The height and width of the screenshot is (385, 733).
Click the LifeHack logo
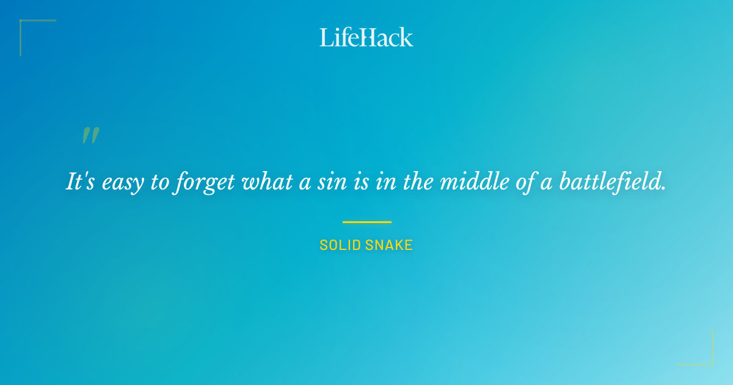[x=366, y=37]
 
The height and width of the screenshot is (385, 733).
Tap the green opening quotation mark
[x=90, y=136]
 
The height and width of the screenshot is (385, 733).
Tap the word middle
[x=469, y=182]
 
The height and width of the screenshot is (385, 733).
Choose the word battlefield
[x=613, y=182]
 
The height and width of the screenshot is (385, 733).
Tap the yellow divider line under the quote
[x=366, y=222]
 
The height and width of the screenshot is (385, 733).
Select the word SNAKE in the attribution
[x=389, y=245]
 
